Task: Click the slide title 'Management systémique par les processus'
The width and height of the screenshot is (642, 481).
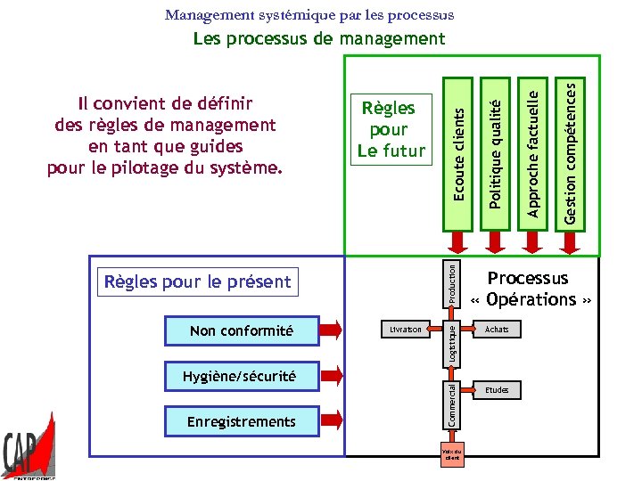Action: pyautogui.click(x=309, y=15)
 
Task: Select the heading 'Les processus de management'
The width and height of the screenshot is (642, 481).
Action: pyautogui.click(x=319, y=38)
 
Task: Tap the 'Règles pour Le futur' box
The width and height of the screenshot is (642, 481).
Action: pyautogui.click(x=391, y=129)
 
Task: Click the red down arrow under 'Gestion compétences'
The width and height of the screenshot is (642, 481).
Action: pyautogui.click(x=572, y=242)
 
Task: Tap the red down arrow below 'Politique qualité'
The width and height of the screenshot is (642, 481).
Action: pyautogui.click(x=495, y=242)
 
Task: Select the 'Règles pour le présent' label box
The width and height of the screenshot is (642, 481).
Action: pyautogui.click(x=198, y=282)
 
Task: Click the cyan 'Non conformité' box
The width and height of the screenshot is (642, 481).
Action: pyautogui.click(x=242, y=331)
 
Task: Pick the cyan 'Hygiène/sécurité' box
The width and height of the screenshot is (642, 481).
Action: pyautogui.click(x=242, y=377)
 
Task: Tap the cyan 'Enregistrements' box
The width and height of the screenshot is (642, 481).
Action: pyautogui.click(x=242, y=421)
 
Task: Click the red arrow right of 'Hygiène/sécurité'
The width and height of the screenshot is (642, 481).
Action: pyautogui.click(x=331, y=377)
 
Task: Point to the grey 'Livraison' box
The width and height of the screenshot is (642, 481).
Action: pyautogui.click(x=406, y=330)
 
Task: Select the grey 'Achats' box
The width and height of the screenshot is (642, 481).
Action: pyautogui.click(x=497, y=330)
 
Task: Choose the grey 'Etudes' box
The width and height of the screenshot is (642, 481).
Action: pyautogui.click(x=497, y=390)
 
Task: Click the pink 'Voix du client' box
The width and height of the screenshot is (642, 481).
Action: pyautogui.click(x=452, y=455)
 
